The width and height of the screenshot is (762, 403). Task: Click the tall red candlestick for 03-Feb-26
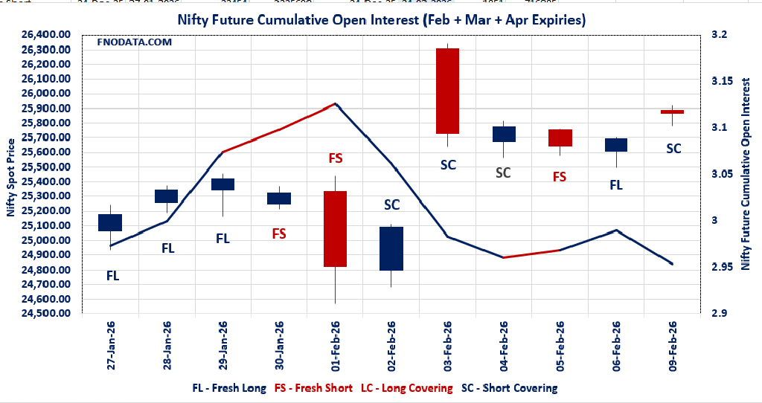click(447, 91)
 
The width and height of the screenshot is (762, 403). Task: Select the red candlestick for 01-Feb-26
click(335, 228)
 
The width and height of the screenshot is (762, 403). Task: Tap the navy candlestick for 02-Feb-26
click(391, 248)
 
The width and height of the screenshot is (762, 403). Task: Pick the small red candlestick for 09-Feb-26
click(672, 112)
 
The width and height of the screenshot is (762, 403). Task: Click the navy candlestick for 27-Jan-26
click(110, 222)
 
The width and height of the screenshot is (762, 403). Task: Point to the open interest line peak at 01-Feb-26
click(336, 104)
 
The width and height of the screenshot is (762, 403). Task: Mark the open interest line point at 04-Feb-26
click(504, 257)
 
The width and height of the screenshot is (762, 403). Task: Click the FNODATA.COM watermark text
click(135, 42)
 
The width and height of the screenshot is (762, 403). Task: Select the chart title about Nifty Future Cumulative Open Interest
click(381, 20)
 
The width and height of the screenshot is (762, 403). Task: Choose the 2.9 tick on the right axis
click(718, 314)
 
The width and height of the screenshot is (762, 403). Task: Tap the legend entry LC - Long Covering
click(406, 388)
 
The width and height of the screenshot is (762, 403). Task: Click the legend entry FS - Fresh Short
click(313, 388)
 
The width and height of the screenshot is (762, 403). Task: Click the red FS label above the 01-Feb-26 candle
click(335, 158)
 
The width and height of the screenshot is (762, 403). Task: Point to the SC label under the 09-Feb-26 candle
click(673, 149)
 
